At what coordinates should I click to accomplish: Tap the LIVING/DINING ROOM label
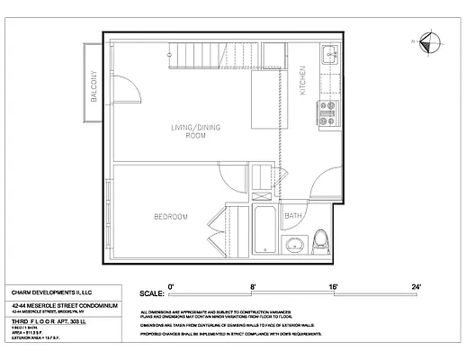coord(195,131)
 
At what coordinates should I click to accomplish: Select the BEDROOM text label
coord(169,217)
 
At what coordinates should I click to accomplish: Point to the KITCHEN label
coord(302,82)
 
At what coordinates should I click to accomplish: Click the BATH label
coord(293,216)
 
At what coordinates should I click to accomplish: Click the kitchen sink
coord(329,51)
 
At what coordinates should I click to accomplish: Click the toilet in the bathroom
coord(322,241)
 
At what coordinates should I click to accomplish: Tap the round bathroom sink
coord(293,245)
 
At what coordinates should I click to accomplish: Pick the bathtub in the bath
coord(266,230)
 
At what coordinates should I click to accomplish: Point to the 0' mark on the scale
coord(169,285)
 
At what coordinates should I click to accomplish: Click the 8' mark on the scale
coord(253,285)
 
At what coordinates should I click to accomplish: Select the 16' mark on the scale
coord(334,285)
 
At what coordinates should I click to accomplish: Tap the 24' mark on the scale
coord(416,285)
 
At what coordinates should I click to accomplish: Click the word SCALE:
coord(150,293)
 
